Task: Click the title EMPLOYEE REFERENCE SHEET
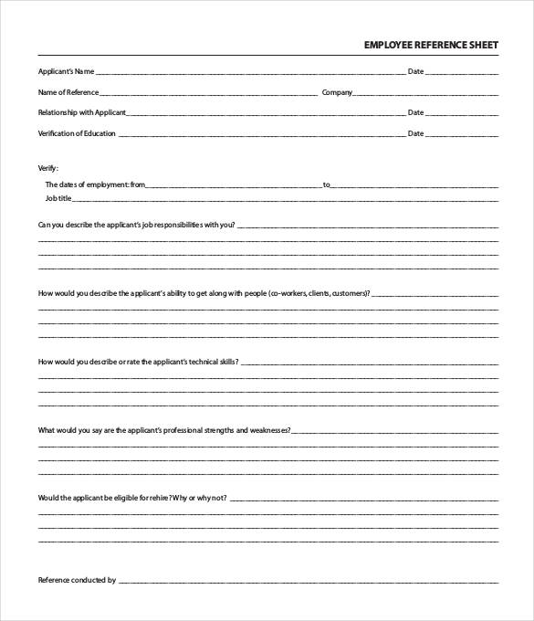click(x=431, y=43)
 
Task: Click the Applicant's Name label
click(x=66, y=71)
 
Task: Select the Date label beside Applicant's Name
click(x=415, y=71)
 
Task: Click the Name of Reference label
click(x=68, y=92)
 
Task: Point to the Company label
click(x=337, y=92)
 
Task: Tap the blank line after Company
click(x=425, y=94)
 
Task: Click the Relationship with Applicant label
click(x=82, y=112)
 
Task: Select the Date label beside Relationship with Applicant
click(x=415, y=112)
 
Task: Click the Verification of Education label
click(x=77, y=133)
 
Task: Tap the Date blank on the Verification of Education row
click(x=463, y=135)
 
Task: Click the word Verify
click(x=47, y=168)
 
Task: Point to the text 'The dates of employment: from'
click(x=95, y=184)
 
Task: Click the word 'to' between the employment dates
click(x=327, y=184)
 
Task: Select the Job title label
click(x=58, y=197)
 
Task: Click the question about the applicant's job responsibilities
click(x=136, y=224)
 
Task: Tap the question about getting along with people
click(x=204, y=293)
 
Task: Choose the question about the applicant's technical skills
click(x=138, y=362)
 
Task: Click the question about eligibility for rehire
click(x=132, y=498)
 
